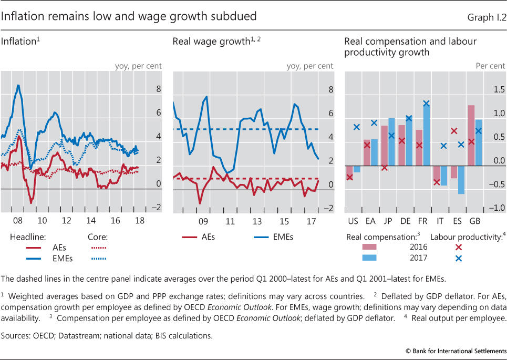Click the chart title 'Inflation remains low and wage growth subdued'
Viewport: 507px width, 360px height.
(x=129, y=16)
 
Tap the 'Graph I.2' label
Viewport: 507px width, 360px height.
(x=487, y=17)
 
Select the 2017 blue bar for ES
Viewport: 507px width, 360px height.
(x=461, y=179)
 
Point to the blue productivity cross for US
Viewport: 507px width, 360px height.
(x=357, y=127)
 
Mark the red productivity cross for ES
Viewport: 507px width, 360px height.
(x=454, y=131)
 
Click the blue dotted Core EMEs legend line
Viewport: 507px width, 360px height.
(x=95, y=258)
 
